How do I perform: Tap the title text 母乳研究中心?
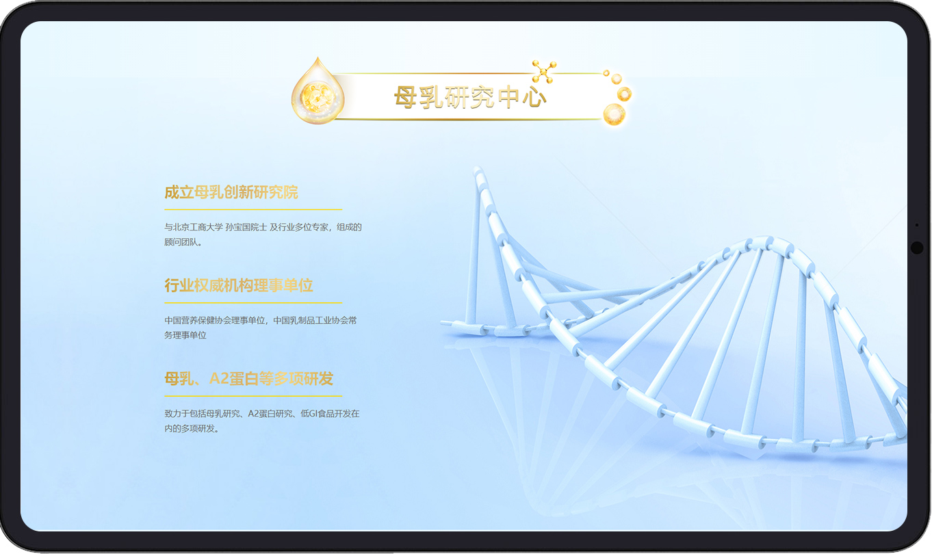click(x=469, y=97)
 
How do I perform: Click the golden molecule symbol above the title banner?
click(x=544, y=71)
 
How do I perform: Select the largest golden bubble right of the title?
click(x=614, y=114)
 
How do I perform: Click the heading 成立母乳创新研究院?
click(x=231, y=192)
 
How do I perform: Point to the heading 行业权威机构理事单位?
click(x=238, y=285)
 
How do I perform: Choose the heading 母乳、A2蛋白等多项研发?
click(x=249, y=378)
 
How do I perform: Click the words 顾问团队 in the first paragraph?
click(x=181, y=242)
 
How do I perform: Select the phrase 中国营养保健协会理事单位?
click(x=215, y=320)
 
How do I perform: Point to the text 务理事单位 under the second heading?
click(x=185, y=335)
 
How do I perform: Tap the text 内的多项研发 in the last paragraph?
click(x=190, y=428)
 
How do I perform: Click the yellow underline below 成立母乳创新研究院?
click(x=253, y=209)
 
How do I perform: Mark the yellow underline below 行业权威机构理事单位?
click(x=253, y=303)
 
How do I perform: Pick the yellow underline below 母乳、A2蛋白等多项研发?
click(x=253, y=396)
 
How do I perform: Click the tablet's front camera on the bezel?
click(x=917, y=248)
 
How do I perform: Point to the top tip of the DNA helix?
click(x=477, y=169)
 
